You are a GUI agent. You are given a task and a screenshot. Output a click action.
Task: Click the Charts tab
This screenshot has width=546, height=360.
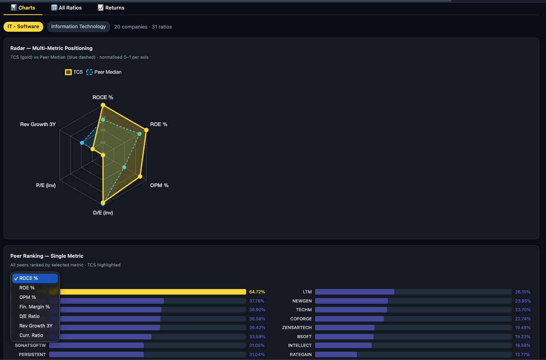tap(23, 8)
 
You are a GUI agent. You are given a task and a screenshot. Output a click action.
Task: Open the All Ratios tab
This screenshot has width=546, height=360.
tap(66, 8)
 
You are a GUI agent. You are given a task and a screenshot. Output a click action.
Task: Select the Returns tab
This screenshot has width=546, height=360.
tap(111, 8)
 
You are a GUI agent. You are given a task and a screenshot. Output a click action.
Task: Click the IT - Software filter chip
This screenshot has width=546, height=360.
tap(23, 27)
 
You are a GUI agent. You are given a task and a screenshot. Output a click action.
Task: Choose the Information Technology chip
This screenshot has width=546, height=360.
tap(78, 27)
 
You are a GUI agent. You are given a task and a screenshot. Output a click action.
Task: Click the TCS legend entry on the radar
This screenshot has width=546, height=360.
tap(74, 72)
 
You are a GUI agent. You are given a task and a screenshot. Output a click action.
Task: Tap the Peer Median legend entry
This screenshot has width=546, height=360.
tap(104, 72)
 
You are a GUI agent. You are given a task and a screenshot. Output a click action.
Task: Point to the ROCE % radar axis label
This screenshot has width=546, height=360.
tap(103, 97)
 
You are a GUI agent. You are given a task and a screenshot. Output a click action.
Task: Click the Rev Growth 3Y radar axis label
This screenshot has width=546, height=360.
tap(38, 124)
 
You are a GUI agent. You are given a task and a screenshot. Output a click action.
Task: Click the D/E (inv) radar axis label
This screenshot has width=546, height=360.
tap(103, 213)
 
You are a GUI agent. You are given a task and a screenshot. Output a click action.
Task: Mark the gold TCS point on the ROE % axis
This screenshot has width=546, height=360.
tap(146, 130)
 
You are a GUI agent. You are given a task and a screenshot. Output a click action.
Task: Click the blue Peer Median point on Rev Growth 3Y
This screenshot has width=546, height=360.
tap(82, 143)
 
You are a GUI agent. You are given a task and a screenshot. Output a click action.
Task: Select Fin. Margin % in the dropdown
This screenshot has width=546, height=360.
tap(34, 307)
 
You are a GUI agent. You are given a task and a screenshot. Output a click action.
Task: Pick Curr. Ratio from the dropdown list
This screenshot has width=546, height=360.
tap(31, 335)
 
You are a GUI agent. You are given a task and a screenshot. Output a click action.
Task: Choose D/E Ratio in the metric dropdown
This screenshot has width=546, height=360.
tap(29, 316)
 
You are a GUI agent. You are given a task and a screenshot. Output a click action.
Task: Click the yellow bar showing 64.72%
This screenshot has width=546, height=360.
tap(153, 292)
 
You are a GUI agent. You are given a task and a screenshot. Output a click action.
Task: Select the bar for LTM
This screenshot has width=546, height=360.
tap(354, 292)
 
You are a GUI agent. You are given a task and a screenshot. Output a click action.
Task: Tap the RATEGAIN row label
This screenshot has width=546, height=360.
tap(301, 354)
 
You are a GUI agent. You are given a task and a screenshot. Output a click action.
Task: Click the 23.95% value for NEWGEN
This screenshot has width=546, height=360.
tap(523, 301)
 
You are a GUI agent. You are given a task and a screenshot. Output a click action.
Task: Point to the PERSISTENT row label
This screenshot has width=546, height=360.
tap(32, 354)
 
